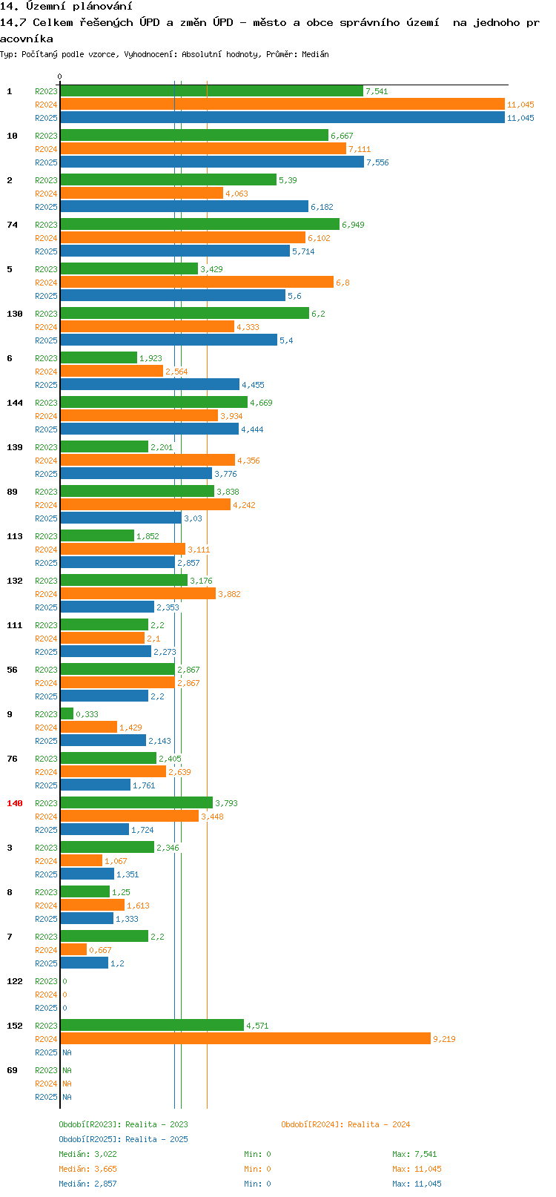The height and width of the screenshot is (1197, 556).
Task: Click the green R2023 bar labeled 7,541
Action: [211, 90]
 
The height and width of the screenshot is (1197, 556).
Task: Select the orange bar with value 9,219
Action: [245, 1038]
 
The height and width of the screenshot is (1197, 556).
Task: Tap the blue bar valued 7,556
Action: [212, 162]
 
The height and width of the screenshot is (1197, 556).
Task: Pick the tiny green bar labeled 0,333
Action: [67, 713]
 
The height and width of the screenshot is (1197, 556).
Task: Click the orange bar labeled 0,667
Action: [73, 949]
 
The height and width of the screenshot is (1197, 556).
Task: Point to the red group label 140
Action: [14, 803]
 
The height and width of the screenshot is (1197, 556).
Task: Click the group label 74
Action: [13, 225]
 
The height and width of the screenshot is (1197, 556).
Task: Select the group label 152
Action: [14, 1026]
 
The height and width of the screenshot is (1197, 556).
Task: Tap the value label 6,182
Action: [322, 207]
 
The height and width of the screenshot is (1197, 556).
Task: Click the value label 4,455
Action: [253, 385]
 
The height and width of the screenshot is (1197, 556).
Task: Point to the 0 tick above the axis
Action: [59, 76]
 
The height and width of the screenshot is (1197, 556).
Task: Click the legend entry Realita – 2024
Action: [345, 1124]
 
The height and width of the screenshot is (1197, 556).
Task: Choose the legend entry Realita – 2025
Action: [123, 1139]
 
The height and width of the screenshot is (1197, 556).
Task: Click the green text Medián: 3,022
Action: [87, 1154]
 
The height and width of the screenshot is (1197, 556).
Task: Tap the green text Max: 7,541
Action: [414, 1154]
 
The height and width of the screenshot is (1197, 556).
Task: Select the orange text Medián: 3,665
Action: [87, 1169]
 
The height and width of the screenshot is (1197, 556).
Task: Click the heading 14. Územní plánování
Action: [66, 7]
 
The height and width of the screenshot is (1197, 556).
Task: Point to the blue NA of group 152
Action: [67, 1052]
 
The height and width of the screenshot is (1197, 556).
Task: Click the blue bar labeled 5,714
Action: [175, 251]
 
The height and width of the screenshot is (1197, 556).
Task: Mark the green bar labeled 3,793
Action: [136, 802]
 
